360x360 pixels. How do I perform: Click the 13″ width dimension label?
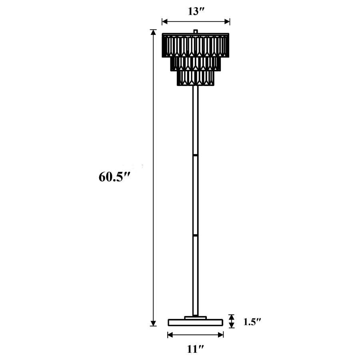point(196,11)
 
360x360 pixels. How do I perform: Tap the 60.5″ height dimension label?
point(115,176)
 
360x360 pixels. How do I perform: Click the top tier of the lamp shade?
point(196,45)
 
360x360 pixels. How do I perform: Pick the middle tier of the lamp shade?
point(196,63)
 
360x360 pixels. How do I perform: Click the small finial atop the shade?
point(196,31)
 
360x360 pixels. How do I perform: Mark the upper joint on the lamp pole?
point(196,154)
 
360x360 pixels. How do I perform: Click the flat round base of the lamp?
point(196,322)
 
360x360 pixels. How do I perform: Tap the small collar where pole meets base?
point(196,318)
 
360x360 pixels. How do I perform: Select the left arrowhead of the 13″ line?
point(164,22)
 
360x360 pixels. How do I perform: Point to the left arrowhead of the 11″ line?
point(170,334)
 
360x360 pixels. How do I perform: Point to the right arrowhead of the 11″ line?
point(221,334)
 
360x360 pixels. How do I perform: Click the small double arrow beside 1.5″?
point(232,321)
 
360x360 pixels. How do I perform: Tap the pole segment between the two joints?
point(196,195)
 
